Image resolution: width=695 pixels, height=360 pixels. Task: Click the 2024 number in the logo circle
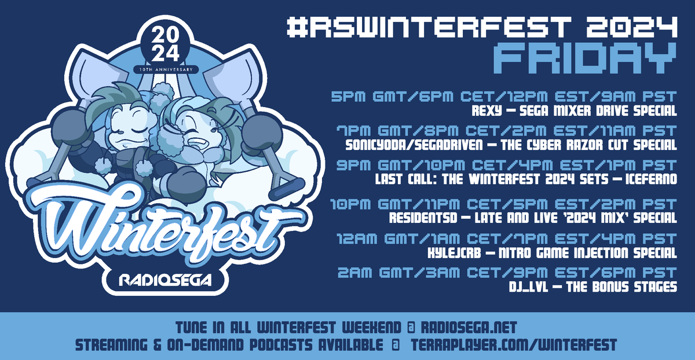[x=166, y=46]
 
